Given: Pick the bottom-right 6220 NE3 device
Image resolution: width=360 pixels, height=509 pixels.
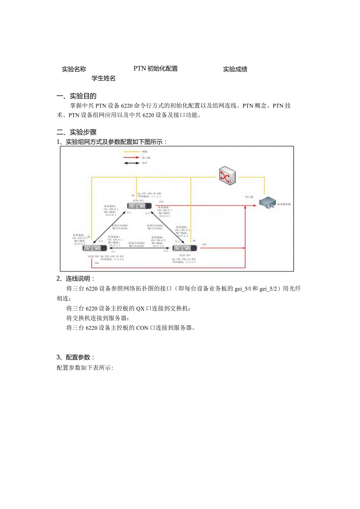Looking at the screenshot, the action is coord(184,248).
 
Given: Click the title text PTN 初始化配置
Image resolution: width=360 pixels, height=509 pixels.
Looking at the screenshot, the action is coord(156,68).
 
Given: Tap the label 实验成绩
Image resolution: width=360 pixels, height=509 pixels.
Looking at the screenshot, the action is coord(235,69).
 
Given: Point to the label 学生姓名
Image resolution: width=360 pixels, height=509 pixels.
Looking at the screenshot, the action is coord(104,78).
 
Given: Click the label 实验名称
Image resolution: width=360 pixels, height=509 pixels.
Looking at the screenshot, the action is coord(74,69).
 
